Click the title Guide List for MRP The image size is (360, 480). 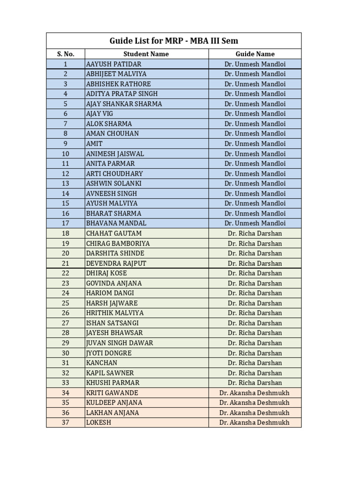tap(174, 41)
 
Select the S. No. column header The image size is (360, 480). tap(66, 54)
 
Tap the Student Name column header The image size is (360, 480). tap(146, 54)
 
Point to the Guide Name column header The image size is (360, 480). tap(255, 54)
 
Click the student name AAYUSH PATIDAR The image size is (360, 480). tap(113, 64)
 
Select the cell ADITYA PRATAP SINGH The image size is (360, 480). tap(122, 94)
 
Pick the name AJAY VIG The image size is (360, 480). tap(99, 114)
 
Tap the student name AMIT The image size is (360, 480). tap(94, 144)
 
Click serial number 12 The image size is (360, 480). tap(66, 173)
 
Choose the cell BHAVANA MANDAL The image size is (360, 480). tap(116, 223)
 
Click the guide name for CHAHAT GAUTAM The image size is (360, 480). tap(255, 233)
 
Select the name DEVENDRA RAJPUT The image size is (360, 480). tap(116, 263)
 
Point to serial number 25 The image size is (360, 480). tap(66, 303)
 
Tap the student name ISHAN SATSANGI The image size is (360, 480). tap(112, 323)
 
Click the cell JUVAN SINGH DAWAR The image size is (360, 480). tap(120, 343)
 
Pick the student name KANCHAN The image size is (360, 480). tap(102, 363)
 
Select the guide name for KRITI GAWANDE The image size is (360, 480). tap(255, 393)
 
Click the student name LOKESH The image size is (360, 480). tap(98, 422)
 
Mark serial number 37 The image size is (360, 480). tap(66, 422)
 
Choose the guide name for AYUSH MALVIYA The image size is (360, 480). tap(255, 203)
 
